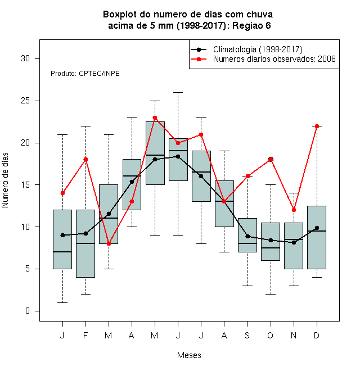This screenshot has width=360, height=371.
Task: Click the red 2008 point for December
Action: coord(317,126)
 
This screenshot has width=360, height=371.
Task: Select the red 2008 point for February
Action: coord(85,160)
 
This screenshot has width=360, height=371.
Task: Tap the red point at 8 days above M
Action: coord(109,243)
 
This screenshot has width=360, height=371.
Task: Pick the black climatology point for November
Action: coord(294,242)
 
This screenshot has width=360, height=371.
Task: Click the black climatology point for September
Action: coord(247,236)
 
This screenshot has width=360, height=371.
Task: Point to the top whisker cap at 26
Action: coord(178,93)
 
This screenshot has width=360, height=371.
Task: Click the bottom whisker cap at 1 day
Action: coord(62,302)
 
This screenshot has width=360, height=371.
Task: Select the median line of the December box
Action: coord(317,231)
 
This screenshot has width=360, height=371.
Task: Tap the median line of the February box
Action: coord(85,243)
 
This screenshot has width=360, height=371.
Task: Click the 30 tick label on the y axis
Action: coord(25,58)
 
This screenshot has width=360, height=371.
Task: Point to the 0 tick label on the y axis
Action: coord(28,311)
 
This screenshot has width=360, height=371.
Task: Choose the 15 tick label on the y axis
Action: coord(25,184)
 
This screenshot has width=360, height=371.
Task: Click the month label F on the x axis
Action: coord(85,335)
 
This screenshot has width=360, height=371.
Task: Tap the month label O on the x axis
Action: coord(270,335)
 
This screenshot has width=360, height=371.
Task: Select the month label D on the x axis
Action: coord(317,335)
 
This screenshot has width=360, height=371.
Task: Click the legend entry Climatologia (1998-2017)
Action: coord(258,49)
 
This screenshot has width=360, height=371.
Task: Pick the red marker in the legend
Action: coord(199,59)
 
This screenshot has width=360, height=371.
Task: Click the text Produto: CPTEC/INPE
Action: coord(85,74)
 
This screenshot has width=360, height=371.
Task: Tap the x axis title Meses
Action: coord(189,355)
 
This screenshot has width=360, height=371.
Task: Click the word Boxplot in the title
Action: coord(120,15)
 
